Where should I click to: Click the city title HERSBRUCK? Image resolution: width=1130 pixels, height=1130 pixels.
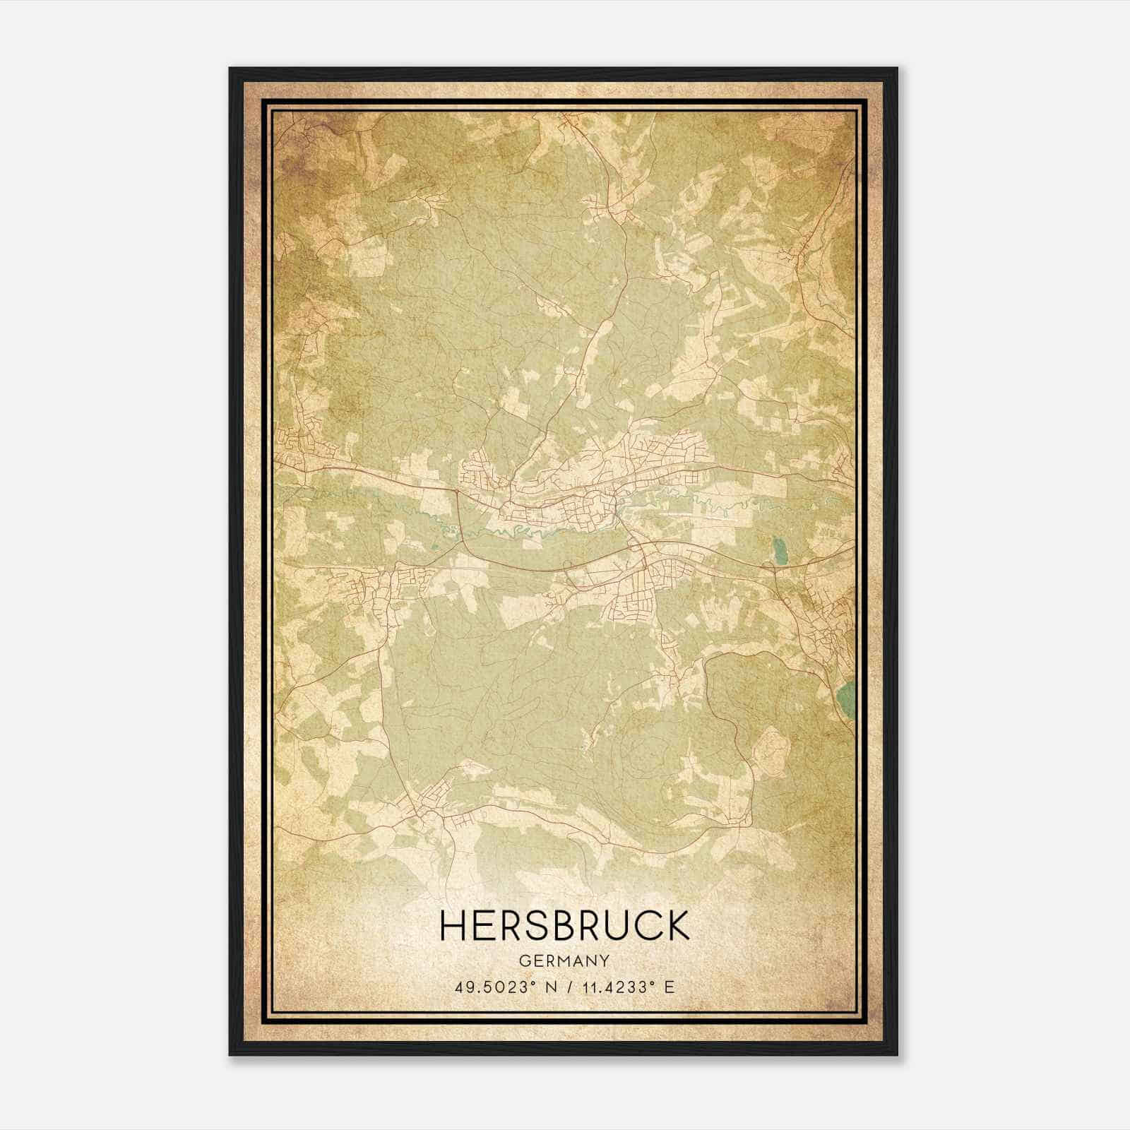[x=564, y=925]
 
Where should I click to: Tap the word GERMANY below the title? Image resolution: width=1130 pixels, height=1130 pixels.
[x=564, y=961]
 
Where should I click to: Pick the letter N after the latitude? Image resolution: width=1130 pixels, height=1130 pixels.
[x=549, y=987]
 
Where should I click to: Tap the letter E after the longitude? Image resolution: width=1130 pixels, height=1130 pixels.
[x=670, y=987]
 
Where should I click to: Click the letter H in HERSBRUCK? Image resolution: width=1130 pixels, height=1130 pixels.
[x=453, y=925]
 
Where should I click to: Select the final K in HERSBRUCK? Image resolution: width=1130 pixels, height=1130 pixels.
[x=677, y=925]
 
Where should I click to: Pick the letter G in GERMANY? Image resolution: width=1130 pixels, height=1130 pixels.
[x=524, y=961]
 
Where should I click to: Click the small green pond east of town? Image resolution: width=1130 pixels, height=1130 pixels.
[x=779, y=550]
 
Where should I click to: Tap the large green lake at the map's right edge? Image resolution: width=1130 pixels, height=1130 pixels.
[x=845, y=699]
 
